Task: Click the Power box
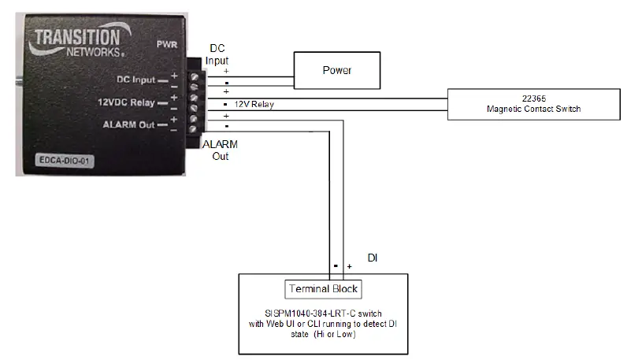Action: tap(336, 71)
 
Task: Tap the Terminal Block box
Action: tap(323, 288)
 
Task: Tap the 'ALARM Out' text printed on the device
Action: tap(128, 124)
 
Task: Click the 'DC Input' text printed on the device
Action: tap(135, 79)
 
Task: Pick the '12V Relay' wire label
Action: tap(254, 104)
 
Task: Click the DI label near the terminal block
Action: tap(374, 258)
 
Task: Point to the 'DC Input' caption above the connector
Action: tap(217, 54)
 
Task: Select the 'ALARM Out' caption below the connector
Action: tap(220, 150)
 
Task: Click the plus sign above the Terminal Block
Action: tap(349, 266)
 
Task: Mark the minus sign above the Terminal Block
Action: tap(335, 265)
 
